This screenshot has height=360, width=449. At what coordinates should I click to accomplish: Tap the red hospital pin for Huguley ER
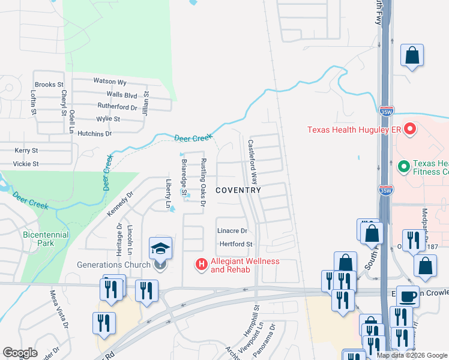[x=410, y=128]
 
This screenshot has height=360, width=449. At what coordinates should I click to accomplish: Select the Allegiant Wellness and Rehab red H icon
[x=202, y=263]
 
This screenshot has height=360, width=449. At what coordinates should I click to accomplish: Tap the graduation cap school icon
[x=161, y=248]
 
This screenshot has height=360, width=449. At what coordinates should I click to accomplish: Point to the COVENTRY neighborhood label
[x=238, y=190]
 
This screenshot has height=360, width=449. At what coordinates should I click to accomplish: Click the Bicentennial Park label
[x=46, y=239]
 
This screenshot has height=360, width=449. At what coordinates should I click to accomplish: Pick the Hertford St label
[x=236, y=244]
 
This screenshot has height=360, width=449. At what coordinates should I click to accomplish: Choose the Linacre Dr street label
[x=232, y=230]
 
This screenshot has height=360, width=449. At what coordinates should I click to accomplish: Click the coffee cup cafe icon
[x=408, y=296]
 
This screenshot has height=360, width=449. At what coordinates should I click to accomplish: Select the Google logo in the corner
[x=20, y=353]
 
